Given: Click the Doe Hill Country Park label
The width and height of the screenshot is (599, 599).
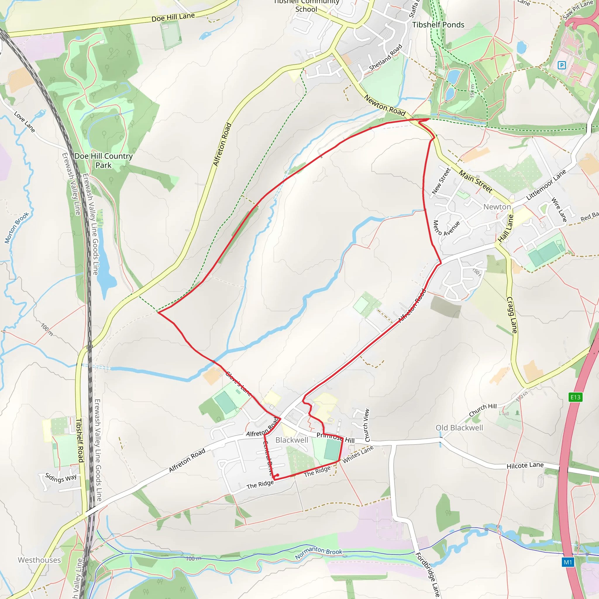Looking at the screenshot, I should click(103, 160).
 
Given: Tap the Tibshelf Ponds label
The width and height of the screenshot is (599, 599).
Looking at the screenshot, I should click(438, 25).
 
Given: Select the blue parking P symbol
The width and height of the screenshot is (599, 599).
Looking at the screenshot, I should click(562, 65).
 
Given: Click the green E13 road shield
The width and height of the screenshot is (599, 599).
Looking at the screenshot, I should click(575, 397).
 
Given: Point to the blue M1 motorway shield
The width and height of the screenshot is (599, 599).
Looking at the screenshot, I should click(568, 562).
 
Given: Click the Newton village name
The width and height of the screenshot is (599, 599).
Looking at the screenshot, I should click(497, 207).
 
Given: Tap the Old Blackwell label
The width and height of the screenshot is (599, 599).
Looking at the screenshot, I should click(459, 428).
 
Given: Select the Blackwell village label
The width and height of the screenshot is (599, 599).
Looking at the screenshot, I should click(292, 440).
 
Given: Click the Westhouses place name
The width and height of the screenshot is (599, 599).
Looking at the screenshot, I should click(39, 560).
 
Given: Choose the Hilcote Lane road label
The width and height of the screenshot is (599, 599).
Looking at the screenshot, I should click(525, 465).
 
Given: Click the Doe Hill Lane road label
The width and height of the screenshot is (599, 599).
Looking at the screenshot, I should click(173, 17).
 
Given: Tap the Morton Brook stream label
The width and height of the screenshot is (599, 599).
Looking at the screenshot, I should click(17, 228).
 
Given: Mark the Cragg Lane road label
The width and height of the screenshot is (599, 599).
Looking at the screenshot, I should click(512, 315).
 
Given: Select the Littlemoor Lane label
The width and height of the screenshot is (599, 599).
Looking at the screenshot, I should click(546, 185).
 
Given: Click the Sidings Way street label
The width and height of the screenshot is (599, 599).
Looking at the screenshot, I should click(61, 478).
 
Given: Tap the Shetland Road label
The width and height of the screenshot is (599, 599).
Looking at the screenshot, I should click(386, 58).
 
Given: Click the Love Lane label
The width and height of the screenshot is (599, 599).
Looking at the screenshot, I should click(25, 122).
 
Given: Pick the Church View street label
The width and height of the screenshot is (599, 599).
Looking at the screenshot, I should click(366, 425).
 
